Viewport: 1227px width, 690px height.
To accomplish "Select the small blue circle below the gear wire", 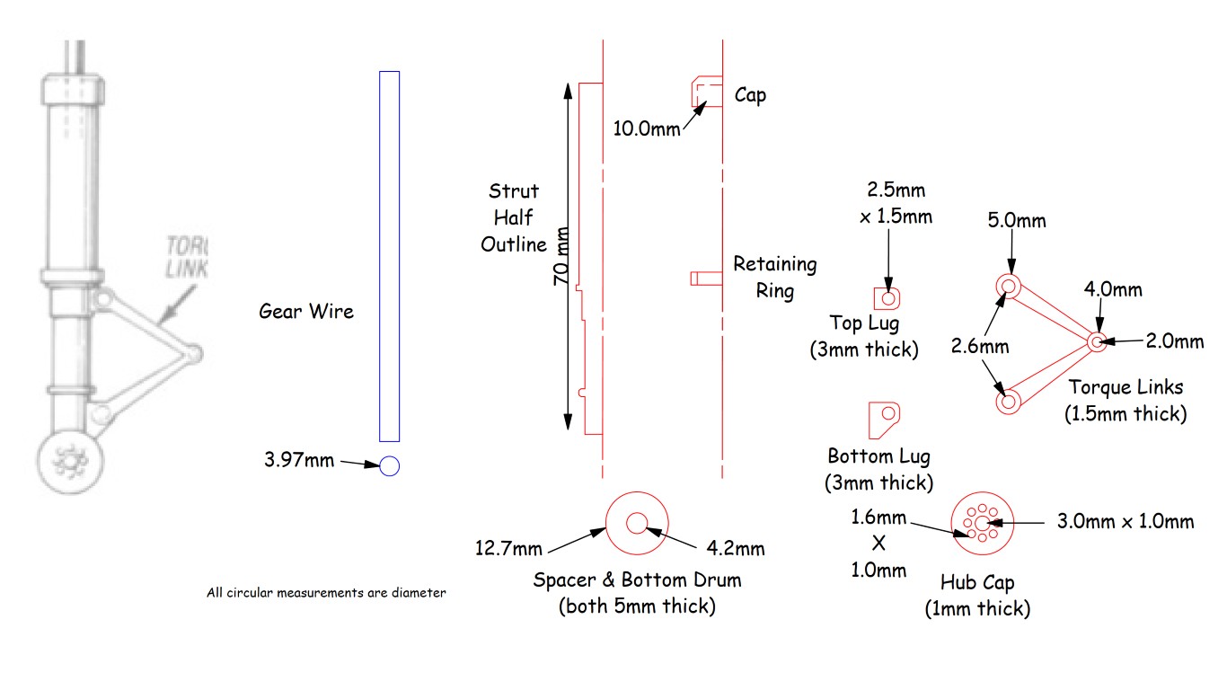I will (389, 465).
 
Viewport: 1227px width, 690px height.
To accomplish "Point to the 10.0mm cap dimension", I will (646, 128).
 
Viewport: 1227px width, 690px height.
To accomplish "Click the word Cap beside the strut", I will (750, 94).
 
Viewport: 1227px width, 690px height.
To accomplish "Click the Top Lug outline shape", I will (887, 297).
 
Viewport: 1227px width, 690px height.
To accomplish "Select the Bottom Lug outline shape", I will (884, 418).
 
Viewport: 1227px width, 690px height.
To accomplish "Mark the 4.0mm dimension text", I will (1113, 290).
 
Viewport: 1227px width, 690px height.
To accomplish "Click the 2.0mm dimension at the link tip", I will (1174, 341).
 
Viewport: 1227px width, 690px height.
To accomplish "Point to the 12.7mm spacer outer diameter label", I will (509, 548).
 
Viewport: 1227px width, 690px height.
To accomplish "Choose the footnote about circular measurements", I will (325, 592).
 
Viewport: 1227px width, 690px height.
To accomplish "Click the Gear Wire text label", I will (306, 312).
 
